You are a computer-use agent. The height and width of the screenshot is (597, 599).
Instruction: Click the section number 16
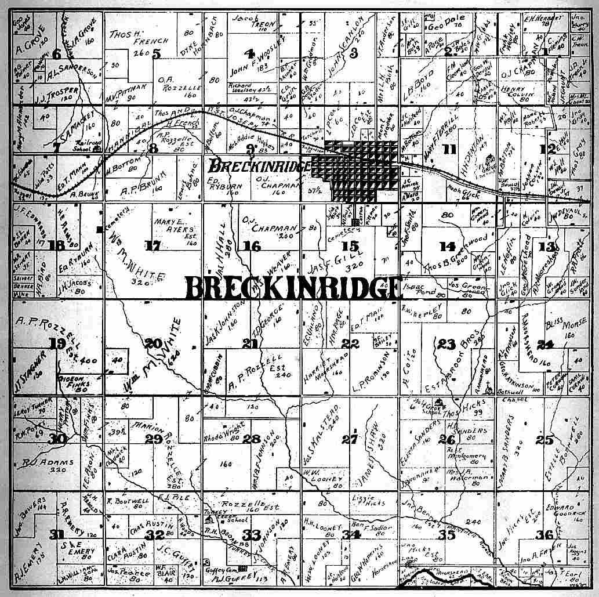252,247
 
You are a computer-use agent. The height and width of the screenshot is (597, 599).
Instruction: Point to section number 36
544,535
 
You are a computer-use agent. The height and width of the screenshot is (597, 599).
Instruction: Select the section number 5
156,54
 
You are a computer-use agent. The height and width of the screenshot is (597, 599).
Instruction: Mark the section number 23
446,344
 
